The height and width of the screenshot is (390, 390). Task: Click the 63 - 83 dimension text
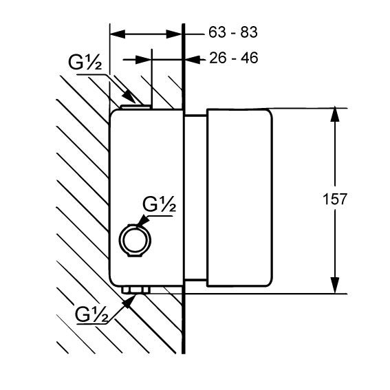click(232, 32)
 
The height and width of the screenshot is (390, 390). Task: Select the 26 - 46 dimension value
click(234, 58)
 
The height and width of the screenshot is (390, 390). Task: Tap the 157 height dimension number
click(334, 199)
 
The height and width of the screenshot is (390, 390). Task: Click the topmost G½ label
click(85, 62)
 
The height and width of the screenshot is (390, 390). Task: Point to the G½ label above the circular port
click(159, 204)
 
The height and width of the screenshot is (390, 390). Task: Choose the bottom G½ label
click(91, 314)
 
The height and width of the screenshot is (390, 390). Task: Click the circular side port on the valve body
click(135, 240)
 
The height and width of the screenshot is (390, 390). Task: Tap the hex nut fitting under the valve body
click(136, 290)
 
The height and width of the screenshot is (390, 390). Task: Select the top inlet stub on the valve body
click(136, 107)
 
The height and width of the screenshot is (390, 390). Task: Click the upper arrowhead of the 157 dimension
click(335, 114)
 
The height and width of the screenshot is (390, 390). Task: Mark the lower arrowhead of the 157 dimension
click(335, 286)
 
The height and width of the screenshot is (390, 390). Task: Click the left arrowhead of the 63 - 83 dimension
click(118, 34)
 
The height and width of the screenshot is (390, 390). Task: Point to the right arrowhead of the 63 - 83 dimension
click(174, 34)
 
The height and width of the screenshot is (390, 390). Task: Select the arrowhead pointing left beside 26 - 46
click(193, 59)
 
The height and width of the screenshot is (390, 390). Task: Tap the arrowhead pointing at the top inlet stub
click(129, 96)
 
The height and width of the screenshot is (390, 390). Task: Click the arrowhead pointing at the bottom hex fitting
click(129, 301)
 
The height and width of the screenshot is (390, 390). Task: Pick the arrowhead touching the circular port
click(142, 221)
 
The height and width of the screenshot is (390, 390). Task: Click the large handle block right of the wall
click(239, 197)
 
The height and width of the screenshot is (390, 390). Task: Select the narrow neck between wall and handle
click(196, 197)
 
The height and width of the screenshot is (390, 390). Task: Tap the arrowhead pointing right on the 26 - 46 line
click(143, 59)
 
